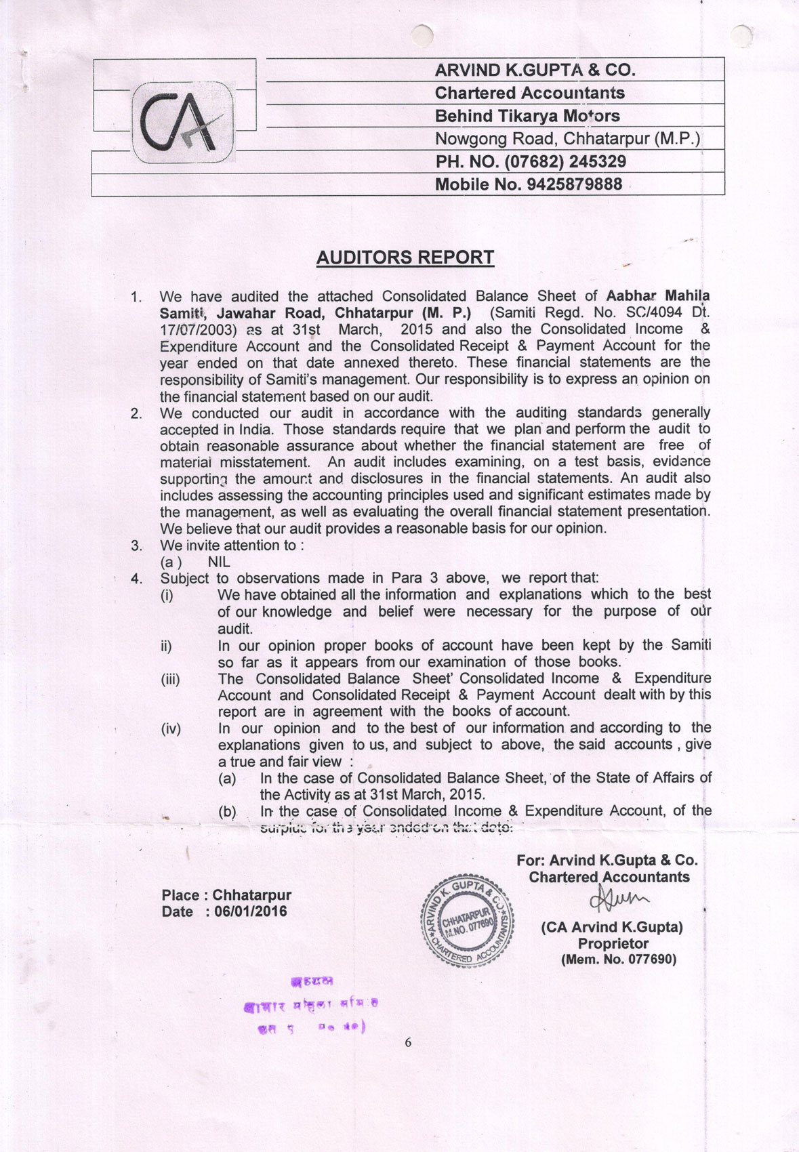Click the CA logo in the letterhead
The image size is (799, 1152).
[182, 123]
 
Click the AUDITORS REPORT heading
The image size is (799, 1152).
[405, 258]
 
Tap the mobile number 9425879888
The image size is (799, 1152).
[574, 184]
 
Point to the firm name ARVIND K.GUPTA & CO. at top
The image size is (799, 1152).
[535, 70]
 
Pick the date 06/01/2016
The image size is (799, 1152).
[250, 911]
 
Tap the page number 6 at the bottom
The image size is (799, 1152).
[408, 1043]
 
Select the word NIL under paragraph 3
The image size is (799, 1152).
[219, 562]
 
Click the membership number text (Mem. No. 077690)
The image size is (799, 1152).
[618, 960]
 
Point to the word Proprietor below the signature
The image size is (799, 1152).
[613, 943]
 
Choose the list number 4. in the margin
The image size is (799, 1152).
[137, 579]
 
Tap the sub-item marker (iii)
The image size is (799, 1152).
[171, 679]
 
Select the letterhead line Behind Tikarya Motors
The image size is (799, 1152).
[527, 116]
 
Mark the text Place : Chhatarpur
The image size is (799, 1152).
[226, 895]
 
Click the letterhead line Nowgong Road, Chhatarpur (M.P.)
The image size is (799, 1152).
[567, 139]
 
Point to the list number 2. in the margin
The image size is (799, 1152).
[137, 413]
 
